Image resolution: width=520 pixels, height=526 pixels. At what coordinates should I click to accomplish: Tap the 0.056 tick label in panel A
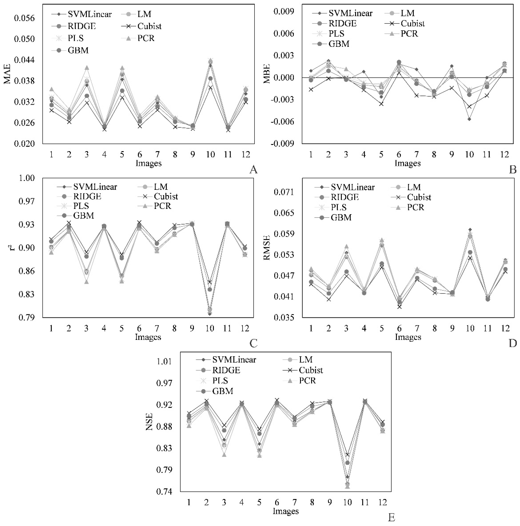[25, 18]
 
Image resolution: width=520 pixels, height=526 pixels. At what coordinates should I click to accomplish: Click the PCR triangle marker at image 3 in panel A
[87, 68]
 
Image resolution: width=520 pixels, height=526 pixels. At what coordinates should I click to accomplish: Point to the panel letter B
[512, 170]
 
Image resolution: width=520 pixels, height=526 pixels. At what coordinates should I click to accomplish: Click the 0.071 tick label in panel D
[284, 192]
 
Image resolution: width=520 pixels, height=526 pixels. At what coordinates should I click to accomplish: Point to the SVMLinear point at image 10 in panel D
[470, 229]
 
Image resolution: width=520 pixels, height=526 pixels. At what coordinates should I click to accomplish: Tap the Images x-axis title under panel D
[408, 337]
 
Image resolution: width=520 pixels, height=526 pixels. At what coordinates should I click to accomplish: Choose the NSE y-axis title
[149, 422]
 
